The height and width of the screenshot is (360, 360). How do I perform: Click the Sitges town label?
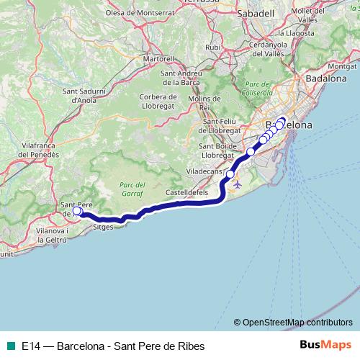[104, 225]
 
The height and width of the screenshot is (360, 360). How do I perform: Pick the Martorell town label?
[158, 58]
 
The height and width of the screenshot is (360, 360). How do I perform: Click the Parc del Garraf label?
[131, 189]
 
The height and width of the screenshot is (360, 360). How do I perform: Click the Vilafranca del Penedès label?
[29, 150]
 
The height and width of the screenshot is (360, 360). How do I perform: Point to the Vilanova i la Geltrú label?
[51, 235]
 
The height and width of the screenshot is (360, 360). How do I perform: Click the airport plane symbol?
[238, 184]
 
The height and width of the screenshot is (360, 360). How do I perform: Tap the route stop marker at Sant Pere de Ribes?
[77, 211]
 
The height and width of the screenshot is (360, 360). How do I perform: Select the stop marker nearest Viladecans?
[230, 174]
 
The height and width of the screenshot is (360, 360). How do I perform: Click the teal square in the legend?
[9, 345]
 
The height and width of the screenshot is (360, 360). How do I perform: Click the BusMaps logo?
[325, 345]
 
